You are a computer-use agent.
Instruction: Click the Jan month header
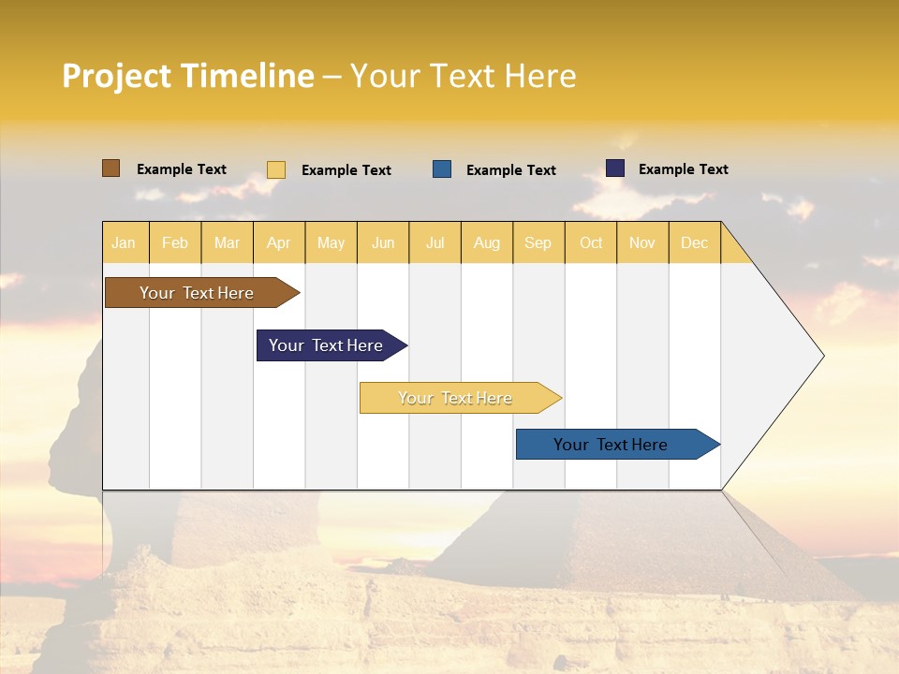coord(124,242)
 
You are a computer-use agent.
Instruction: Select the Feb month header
coord(175,242)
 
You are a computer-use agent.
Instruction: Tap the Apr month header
coord(278,242)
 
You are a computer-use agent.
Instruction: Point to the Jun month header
coord(383,242)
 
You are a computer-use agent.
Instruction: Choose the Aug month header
coord(486,242)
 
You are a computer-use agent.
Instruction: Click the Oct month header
coord(591,242)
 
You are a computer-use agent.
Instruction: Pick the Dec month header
coord(694,242)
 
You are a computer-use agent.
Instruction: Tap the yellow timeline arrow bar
coord(456,398)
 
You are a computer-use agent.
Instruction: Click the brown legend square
coord(111,168)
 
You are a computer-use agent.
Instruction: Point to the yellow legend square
coord(276,169)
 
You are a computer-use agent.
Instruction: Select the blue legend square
coord(442,169)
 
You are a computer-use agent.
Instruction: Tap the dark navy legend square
coord(615,168)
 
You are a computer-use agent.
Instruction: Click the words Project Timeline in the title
coord(187,76)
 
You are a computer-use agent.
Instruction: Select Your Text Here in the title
coord(463,76)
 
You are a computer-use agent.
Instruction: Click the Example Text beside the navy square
coord(683,169)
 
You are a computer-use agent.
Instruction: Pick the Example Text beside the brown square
coord(182,169)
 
